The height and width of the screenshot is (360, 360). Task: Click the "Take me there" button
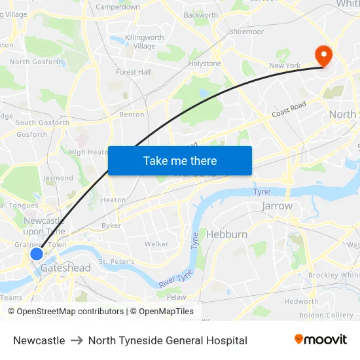click(x=180, y=160)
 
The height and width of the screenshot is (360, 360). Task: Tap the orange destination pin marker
click(x=323, y=55)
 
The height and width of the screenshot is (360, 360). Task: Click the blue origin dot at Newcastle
click(x=37, y=254)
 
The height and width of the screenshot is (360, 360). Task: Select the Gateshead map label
click(x=65, y=268)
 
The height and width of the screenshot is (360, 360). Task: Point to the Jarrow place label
click(x=277, y=206)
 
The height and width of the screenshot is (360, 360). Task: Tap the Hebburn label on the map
click(x=226, y=234)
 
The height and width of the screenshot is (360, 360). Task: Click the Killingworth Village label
click(x=145, y=42)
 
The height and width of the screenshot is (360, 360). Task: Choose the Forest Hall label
click(x=134, y=72)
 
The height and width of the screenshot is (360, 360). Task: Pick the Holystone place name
click(x=205, y=63)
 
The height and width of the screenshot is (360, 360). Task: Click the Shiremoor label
click(x=246, y=31)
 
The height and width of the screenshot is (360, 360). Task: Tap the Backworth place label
click(x=201, y=15)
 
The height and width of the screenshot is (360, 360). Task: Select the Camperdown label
click(x=118, y=7)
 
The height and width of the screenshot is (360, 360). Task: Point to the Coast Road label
click(x=289, y=109)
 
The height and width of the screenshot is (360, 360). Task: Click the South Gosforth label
click(x=43, y=122)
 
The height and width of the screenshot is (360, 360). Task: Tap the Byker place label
click(x=111, y=225)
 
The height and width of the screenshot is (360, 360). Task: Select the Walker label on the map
click(x=156, y=243)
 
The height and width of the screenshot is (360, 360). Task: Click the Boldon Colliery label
click(x=325, y=315)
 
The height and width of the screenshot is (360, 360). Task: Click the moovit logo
click(x=321, y=340)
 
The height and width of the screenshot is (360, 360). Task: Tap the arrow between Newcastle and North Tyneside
click(x=77, y=340)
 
